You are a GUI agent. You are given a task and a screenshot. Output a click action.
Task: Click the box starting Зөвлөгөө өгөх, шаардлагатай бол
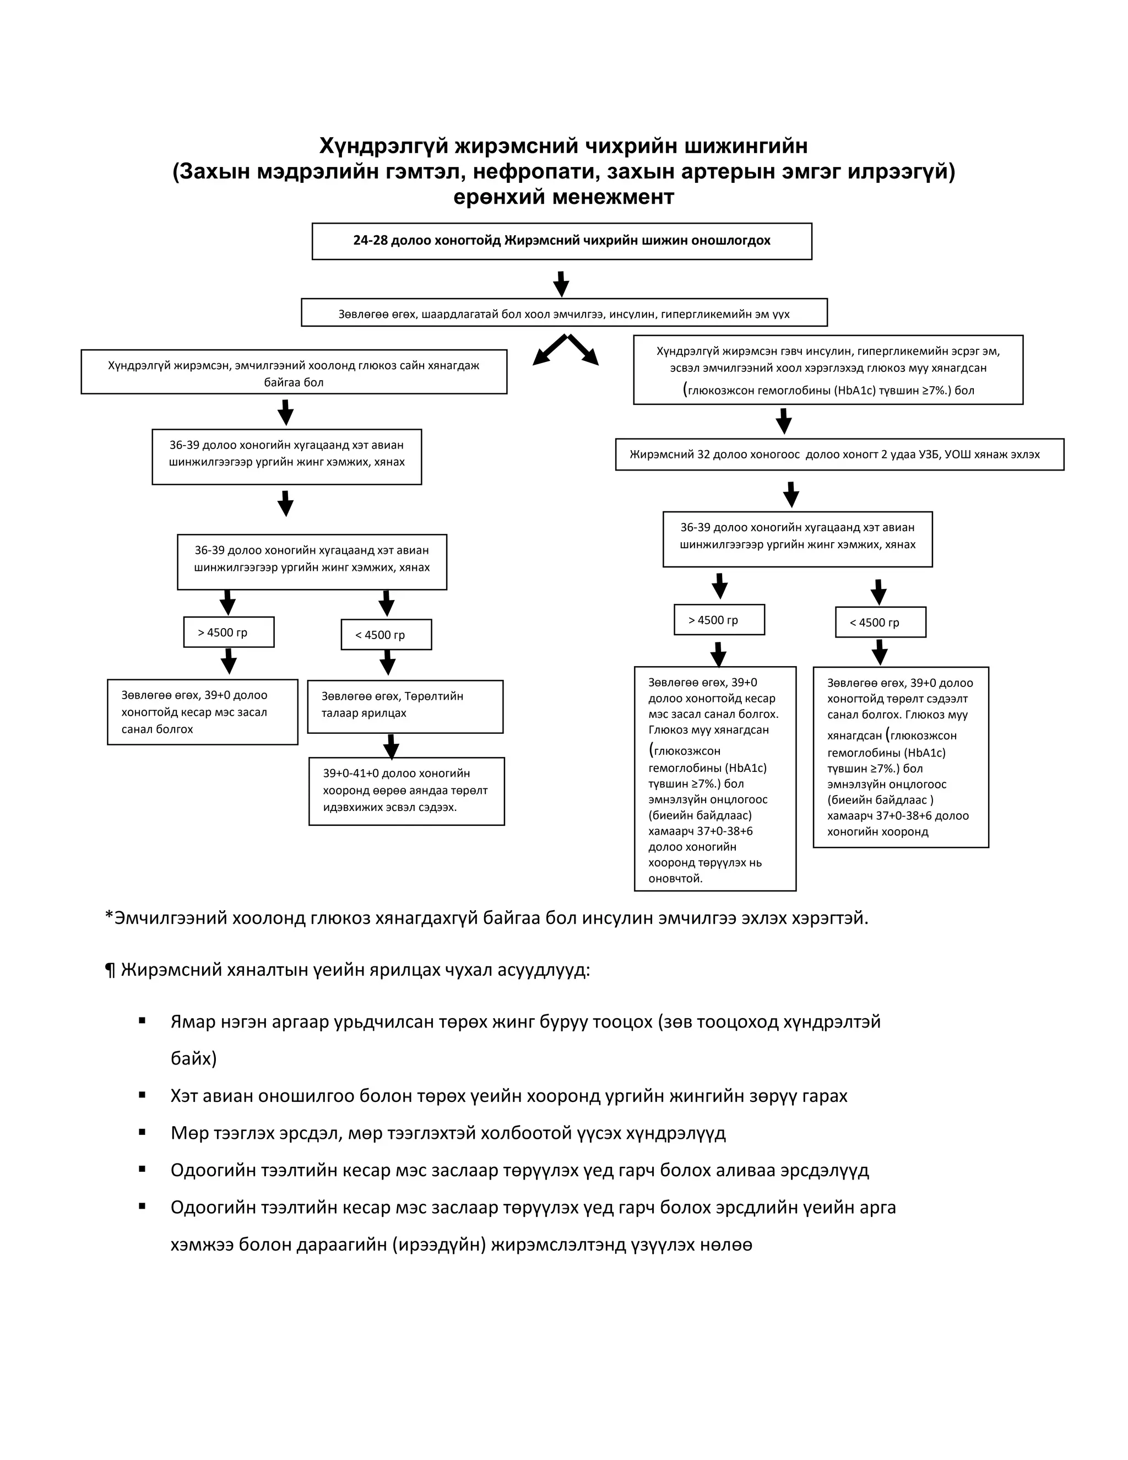564,313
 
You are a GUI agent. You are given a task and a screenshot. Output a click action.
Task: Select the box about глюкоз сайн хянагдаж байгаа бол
294,372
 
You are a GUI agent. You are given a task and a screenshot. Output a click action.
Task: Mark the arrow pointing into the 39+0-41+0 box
392,746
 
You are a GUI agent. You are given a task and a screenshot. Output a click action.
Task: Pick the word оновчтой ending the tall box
676,878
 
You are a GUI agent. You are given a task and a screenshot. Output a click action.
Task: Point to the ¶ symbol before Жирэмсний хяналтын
110,971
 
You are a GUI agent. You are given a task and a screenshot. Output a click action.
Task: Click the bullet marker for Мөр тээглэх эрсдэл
142,1132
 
